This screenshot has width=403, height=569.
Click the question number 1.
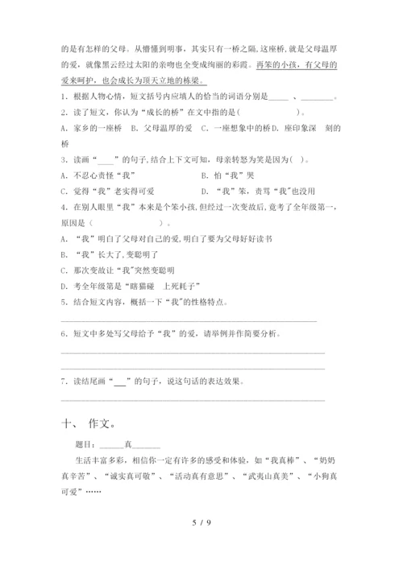[x=63, y=97]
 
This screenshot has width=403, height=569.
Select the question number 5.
[x=63, y=303]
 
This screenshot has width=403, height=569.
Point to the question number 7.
[x=63, y=381]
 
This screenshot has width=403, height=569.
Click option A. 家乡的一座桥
[x=91, y=127]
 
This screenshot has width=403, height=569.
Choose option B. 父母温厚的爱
[x=161, y=127]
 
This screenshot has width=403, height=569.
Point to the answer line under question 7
[x=193, y=400]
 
